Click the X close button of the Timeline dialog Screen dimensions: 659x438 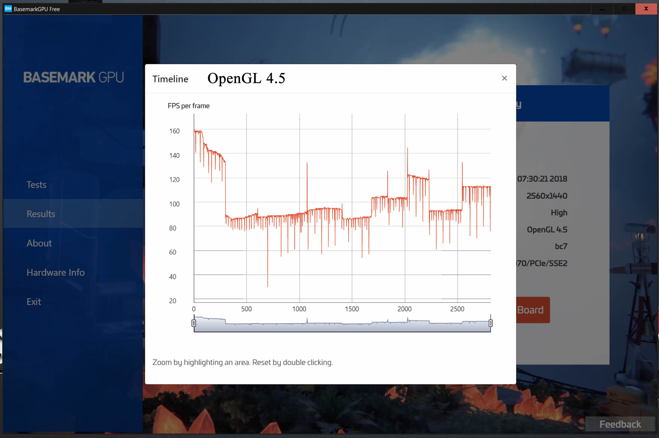[504, 78]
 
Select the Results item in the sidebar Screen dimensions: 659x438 [41, 214]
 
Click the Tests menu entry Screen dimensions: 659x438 [36, 185]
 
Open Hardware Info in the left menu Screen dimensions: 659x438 [55, 272]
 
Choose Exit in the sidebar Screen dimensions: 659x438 [34, 301]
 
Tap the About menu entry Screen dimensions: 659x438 [39, 243]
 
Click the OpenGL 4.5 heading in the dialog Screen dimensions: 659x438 [246, 78]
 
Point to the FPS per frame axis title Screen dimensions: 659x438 [189, 106]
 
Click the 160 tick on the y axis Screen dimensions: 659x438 [174, 131]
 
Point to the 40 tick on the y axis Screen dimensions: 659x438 [173, 277]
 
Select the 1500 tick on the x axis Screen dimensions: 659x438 [352, 309]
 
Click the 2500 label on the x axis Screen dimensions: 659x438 [457, 309]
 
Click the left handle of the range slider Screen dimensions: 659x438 [194, 323]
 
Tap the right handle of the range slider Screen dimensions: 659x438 [491, 323]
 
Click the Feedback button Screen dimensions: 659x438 [620, 424]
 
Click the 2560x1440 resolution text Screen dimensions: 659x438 [547, 196]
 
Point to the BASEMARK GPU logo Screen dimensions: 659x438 [74, 77]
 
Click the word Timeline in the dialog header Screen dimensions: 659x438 [170, 79]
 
